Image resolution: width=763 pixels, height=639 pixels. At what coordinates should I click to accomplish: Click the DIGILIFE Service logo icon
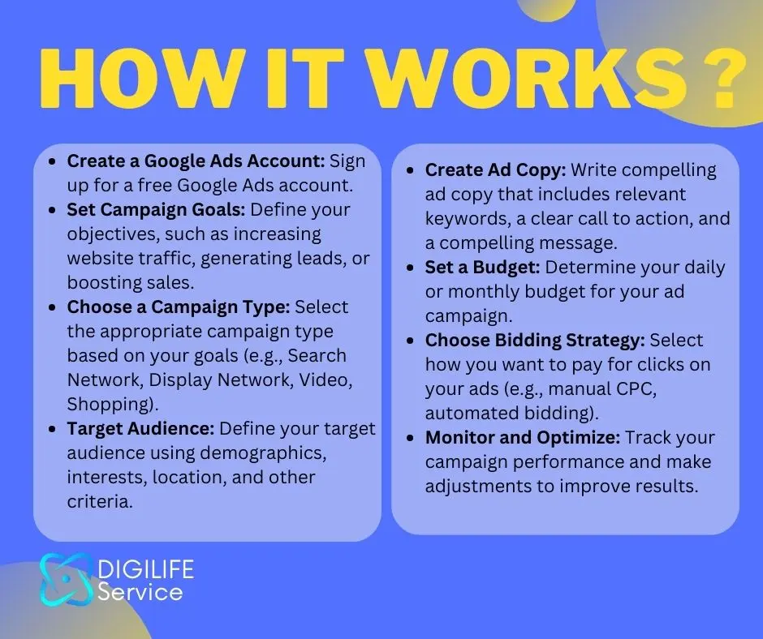tap(66, 580)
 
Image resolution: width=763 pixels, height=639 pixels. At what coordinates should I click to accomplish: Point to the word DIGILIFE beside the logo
tap(145, 569)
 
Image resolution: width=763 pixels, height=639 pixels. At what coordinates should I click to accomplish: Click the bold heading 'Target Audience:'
tap(140, 428)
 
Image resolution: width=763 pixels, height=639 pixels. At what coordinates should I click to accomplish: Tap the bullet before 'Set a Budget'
tap(411, 268)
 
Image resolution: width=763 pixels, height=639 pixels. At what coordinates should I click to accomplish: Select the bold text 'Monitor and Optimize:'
tap(522, 438)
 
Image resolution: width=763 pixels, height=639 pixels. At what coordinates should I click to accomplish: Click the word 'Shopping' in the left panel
tap(108, 405)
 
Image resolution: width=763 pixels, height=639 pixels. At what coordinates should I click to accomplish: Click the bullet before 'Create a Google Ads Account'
tap(53, 161)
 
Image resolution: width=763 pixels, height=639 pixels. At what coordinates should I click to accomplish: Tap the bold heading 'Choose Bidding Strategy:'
tap(535, 341)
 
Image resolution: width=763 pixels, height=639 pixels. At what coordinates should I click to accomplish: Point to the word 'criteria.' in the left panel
tap(100, 501)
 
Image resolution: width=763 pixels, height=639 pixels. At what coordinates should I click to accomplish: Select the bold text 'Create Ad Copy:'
tap(495, 170)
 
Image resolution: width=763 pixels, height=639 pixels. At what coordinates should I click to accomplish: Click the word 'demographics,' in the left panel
tap(263, 453)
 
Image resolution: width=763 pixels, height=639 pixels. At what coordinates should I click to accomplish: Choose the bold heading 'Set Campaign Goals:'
tap(156, 210)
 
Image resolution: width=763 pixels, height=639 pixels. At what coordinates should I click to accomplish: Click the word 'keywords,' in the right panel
tap(468, 219)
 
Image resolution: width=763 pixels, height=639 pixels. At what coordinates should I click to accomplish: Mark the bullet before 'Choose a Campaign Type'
tap(53, 307)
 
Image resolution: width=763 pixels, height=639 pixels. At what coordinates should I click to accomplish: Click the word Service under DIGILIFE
tap(140, 592)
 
